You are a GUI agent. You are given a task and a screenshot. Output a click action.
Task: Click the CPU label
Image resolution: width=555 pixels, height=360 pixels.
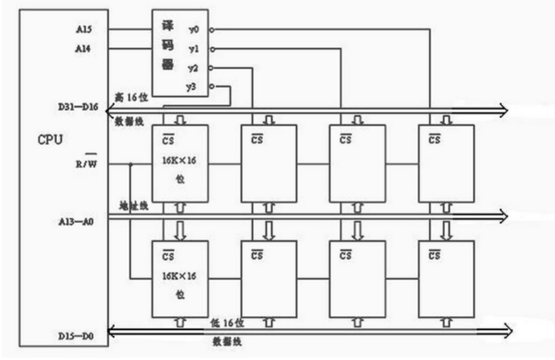(x=50, y=138)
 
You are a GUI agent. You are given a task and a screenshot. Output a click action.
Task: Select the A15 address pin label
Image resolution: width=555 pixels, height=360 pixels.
(x=84, y=30)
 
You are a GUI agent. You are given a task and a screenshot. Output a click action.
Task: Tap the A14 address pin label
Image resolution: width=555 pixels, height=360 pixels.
(x=84, y=50)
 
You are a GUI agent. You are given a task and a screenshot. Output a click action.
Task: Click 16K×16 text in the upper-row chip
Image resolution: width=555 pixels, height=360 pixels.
(x=180, y=160)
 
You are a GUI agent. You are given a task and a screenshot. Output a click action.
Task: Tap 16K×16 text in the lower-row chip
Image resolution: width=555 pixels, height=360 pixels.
(x=180, y=276)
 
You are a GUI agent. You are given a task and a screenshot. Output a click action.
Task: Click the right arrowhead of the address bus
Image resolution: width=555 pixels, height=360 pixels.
(x=502, y=216)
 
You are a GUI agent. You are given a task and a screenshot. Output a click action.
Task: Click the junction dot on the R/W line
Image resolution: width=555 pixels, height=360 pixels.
(x=130, y=164)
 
